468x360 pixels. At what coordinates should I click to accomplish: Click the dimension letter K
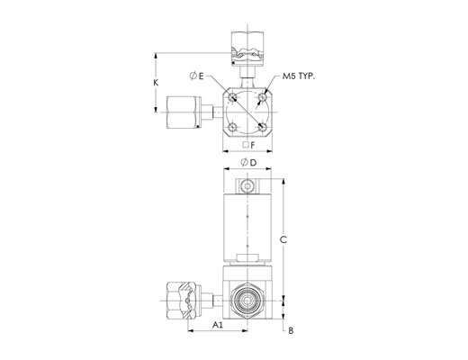[156, 83]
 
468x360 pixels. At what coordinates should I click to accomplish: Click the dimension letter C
[283, 239]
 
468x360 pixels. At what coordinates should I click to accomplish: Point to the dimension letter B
[291, 330]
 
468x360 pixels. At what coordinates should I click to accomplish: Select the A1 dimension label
[218, 325]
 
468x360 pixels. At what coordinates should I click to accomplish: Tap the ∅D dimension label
[248, 163]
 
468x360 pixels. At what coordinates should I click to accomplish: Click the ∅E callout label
[196, 76]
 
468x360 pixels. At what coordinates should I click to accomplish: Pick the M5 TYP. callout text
[299, 76]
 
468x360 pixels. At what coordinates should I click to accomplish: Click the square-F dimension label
[248, 145]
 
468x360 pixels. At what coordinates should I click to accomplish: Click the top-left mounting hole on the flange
[232, 97]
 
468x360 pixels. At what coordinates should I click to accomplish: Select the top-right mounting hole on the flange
[263, 97]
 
